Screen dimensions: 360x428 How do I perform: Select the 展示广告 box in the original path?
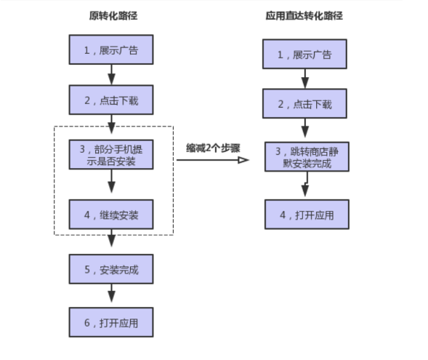112,50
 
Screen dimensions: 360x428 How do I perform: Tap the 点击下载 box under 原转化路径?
112,100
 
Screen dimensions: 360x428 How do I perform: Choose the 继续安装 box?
112,215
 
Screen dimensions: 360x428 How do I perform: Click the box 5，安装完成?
112,270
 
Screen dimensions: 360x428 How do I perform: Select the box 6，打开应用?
112,321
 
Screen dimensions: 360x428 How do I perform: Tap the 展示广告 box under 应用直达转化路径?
304,55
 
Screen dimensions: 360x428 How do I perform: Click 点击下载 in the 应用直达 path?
304,105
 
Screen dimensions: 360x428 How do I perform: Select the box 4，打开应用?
304,214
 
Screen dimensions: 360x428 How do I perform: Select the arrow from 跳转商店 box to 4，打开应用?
304,186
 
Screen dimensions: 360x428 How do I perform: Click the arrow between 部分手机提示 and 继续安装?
112,185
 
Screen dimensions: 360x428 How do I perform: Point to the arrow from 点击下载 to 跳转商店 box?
304,130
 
